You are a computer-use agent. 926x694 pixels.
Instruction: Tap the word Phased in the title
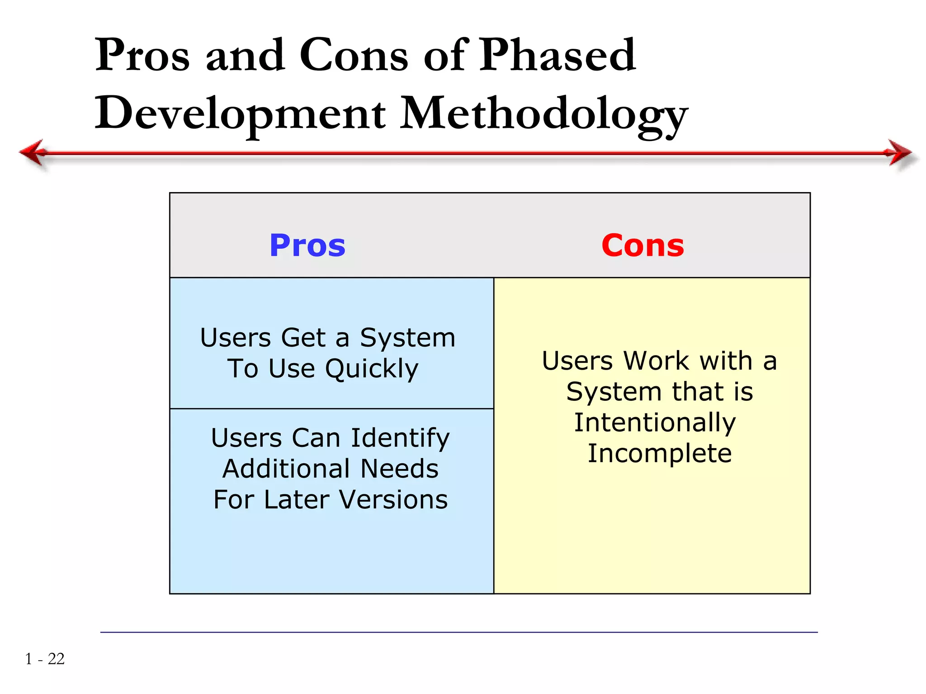click(557, 55)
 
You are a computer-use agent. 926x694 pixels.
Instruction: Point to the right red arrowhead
click(900, 152)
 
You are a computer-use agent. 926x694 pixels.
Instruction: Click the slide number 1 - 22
click(45, 659)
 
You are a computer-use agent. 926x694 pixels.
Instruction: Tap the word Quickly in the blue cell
click(372, 369)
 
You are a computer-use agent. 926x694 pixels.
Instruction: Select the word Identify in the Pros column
click(400, 438)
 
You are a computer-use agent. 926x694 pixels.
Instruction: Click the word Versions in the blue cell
click(393, 500)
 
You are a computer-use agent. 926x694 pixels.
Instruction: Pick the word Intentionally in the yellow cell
click(655, 423)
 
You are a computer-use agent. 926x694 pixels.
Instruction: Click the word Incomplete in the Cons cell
click(660, 453)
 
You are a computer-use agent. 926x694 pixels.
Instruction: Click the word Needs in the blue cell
click(399, 469)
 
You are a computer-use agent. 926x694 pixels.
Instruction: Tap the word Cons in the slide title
click(354, 55)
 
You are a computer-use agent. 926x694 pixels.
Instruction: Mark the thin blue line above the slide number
click(458, 632)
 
